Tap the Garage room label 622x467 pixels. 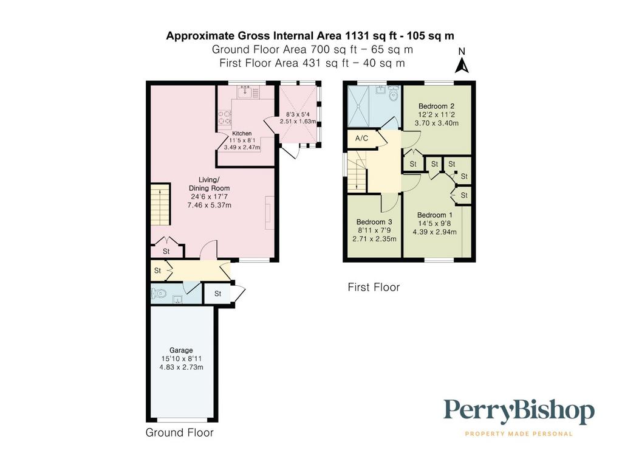tap(181, 350)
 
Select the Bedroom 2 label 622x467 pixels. tap(436, 106)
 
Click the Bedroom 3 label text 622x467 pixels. tap(374, 222)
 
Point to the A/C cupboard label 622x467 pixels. tap(361, 138)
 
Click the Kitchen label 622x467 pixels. tap(242, 133)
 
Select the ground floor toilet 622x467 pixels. tap(159, 294)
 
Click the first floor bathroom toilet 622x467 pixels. tap(393, 93)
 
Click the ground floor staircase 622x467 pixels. tap(160, 204)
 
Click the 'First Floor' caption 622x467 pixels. tap(374, 287)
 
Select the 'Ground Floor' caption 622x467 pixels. tap(180, 432)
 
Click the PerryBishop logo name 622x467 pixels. tap(519, 412)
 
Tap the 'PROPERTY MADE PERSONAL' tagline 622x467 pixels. tap(519, 434)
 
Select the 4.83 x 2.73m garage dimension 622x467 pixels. tap(181, 367)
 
